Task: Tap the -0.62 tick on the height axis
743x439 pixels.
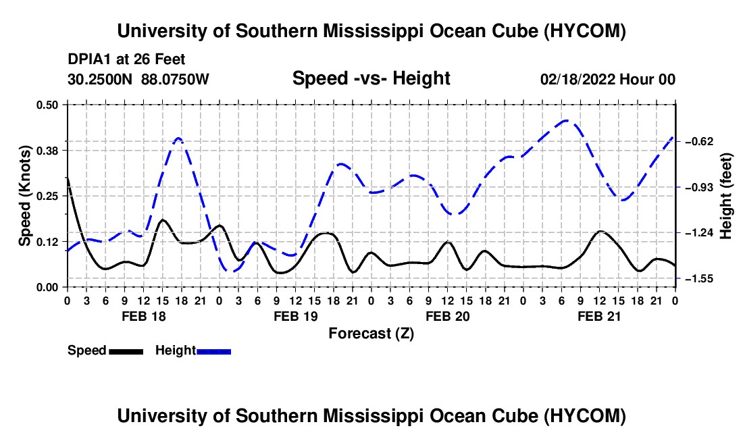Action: pyautogui.click(x=699, y=142)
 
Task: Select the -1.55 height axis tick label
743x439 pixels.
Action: pyautogui.click(x=699, y=279)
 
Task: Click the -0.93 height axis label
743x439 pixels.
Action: pyautogui.click(x=699, y=188)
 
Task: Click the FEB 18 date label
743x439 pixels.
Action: pyautogui.click(x=144, y=316)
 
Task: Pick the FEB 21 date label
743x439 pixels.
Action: pyautogui.click(x=599, y=316)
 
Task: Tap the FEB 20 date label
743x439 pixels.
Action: pyautogui.click(x=447, y=316)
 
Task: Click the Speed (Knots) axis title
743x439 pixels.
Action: pyautogui.click(x=25, y=196)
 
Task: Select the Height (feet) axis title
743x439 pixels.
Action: pyautogui.click(x=726, y=196)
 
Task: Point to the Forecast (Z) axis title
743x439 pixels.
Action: pyautogui.click(x=371, y=334)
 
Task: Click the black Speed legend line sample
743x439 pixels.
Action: pyautogui.click(x=126, y=351)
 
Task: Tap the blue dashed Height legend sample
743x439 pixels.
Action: pyautogui.click(x=213, y=351)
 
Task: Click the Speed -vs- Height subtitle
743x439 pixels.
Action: pyautogui.click(x=371, y=78)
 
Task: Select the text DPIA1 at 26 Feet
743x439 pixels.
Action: pyautogui.click(x=126, y=59)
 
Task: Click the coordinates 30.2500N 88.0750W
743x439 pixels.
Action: pyautogui.click(x=138, y=79)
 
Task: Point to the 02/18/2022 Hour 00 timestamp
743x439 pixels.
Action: pyautogui.click(x=608, y=79)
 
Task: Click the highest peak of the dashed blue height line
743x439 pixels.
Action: pyautogui.click(x=565, y=121)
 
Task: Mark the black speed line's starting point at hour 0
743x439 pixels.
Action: pyautogui.click(x=68, y=178)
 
